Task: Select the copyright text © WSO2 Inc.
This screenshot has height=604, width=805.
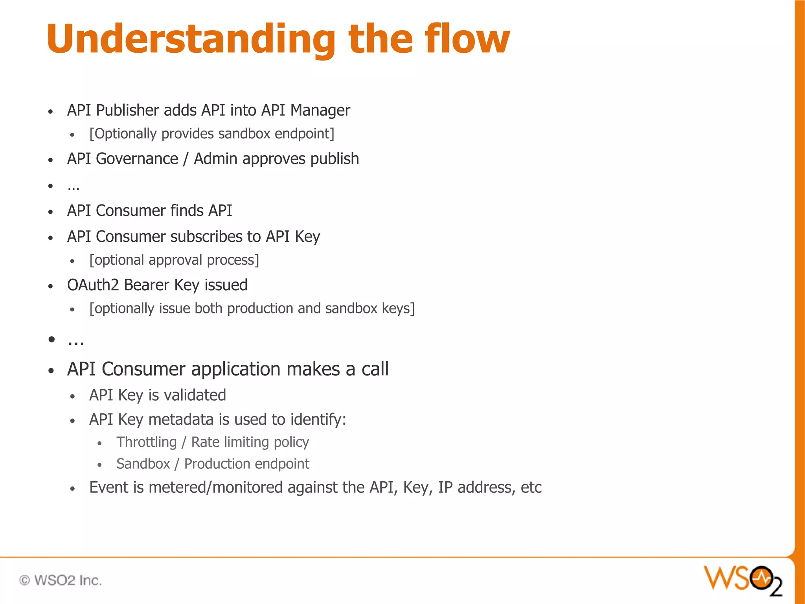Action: click(x=61, y=580)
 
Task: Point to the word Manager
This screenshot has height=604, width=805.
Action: click(x=320, y=110)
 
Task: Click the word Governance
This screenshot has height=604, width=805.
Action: click(x=137, y=159)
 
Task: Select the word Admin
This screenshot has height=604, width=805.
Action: click(x=215, y=159)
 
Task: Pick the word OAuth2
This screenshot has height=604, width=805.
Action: click(x=93, y=285)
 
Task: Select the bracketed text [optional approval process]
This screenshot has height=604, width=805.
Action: click(x=174, y=260)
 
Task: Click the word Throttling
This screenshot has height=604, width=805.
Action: click(x=147, y=442)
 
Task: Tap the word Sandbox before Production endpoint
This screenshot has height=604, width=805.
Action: click(x=143, y=464)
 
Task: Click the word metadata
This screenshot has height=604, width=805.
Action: click(x=181, y=420)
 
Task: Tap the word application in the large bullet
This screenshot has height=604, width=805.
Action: click(x=236, y=369)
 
